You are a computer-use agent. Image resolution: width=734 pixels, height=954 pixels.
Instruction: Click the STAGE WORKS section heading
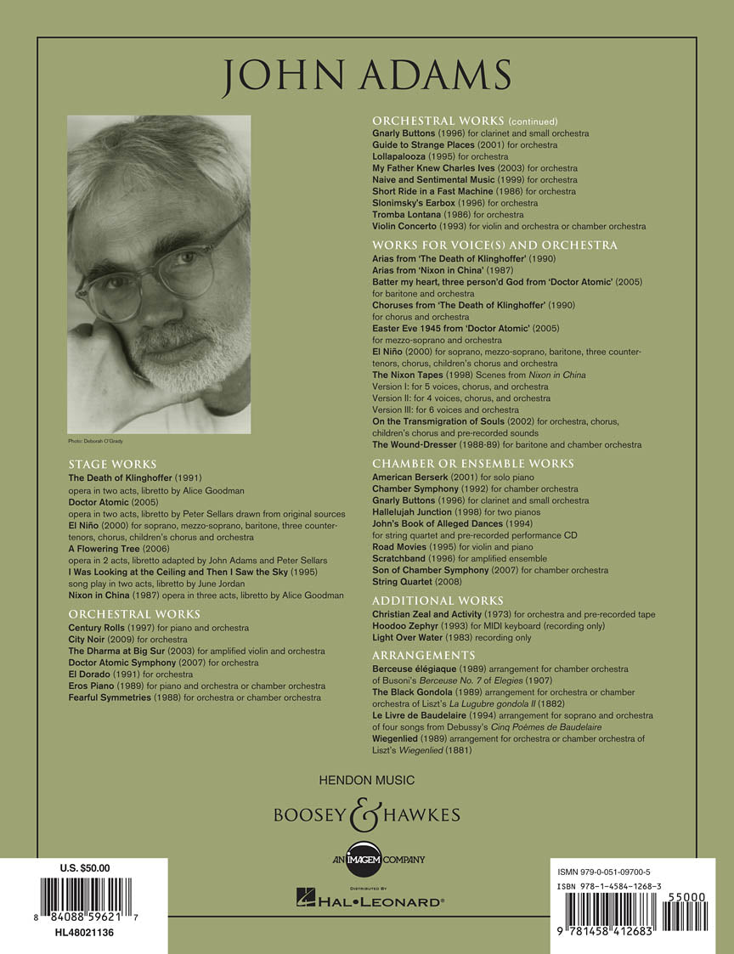pyautogui.click(x=112, y=465)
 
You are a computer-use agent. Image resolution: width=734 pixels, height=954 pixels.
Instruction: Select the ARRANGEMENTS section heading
pyautogui.click(x=423, y=655)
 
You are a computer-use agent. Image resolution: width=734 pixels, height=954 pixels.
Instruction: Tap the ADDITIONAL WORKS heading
pyautogui.click(x=438, y=601)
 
